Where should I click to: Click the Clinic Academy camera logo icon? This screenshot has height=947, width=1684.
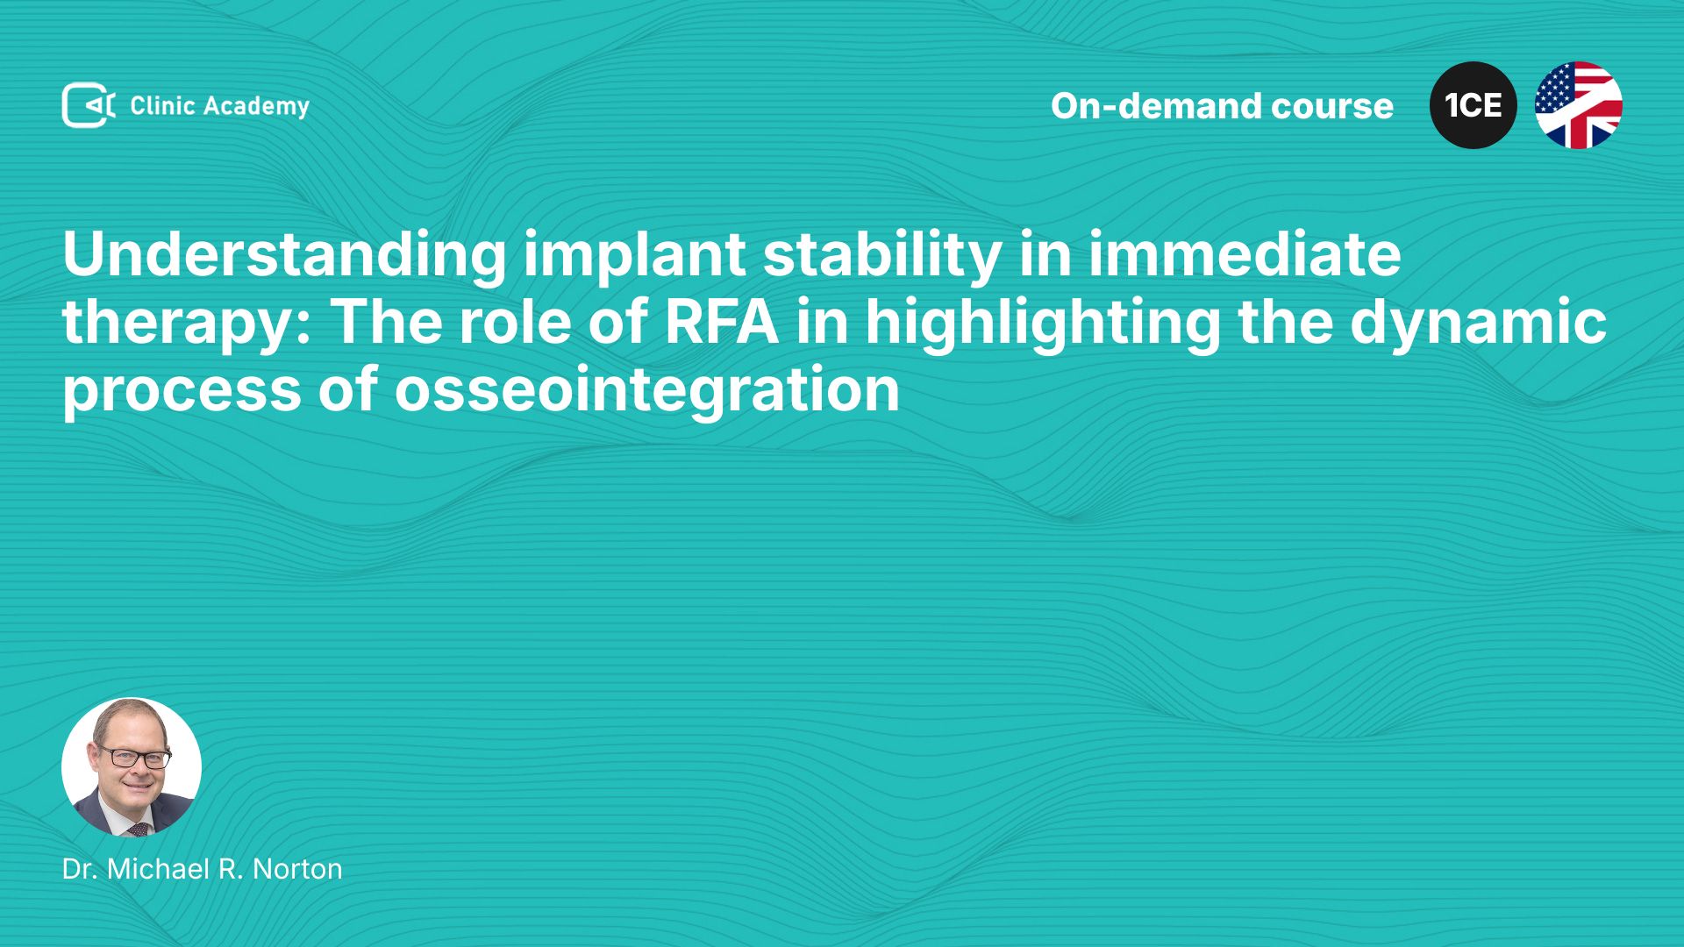[89, 105]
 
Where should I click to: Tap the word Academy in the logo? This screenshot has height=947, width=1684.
[257, 107]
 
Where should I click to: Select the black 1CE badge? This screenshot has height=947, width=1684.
[1473, 105]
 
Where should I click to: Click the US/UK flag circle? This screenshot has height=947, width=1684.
[1579, 105]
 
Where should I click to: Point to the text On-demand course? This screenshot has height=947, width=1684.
[1222, 105]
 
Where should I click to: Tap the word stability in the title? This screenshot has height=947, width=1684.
[881, 256]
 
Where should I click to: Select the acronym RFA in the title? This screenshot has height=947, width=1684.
[721, 321]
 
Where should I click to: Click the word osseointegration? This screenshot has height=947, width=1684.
[647, 388]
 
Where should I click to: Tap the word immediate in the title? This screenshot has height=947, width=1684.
[1245, 254]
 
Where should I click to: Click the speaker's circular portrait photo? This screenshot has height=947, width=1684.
[132, 767]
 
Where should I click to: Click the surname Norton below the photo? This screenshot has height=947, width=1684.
[297, 869]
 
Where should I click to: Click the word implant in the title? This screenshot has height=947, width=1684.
[634, 256]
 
